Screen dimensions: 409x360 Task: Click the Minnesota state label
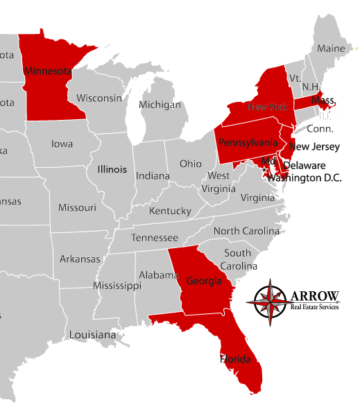(x=47, y=71)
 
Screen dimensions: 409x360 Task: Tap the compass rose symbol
(x=271, y=301)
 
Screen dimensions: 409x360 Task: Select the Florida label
(x=236, y=359)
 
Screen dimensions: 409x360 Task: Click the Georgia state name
(x=203, y=281)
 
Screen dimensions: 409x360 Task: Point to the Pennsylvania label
(x=248, y=143)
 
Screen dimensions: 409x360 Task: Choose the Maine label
(x=331, y=49)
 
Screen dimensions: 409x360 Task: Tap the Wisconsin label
(x=99, y=98)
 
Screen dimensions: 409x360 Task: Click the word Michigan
(x=160, y=105)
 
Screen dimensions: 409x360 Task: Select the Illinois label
(x=112, y=169)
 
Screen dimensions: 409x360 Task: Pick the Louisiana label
(x=92, y=335)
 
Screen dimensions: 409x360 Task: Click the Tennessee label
(x=155, y=238)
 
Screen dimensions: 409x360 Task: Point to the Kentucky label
(x=170, y=211)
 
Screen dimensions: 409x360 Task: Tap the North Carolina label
(x=246, y=231)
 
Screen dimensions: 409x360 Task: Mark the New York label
(x=267, y=107)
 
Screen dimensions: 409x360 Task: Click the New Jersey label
(x=316, y=147)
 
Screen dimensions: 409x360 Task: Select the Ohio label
(x=191, y=164)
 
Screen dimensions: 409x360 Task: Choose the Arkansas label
(x=79, y=259)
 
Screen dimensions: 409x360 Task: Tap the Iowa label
(x=62, y=144)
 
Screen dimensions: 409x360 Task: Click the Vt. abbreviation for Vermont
(x=295, y=78)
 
